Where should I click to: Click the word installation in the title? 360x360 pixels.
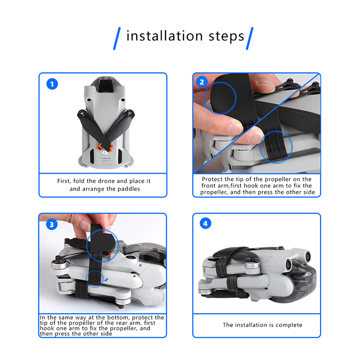[x=165, y=36]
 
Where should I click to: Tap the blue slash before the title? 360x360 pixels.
[x=117, y=38]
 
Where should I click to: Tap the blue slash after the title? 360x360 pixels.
[x=250, y=38]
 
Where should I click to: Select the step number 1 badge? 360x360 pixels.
[x=52, y=84]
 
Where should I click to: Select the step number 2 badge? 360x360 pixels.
[x=202, y=82]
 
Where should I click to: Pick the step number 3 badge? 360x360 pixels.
[x=52, y=225]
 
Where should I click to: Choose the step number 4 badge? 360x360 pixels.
[x=205, y=223]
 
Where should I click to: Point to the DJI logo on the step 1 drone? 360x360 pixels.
[x=106, y=153]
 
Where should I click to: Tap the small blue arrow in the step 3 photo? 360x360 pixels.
[x=106, y=280]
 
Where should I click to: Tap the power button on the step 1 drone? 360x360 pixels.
[x=106, y=162]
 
